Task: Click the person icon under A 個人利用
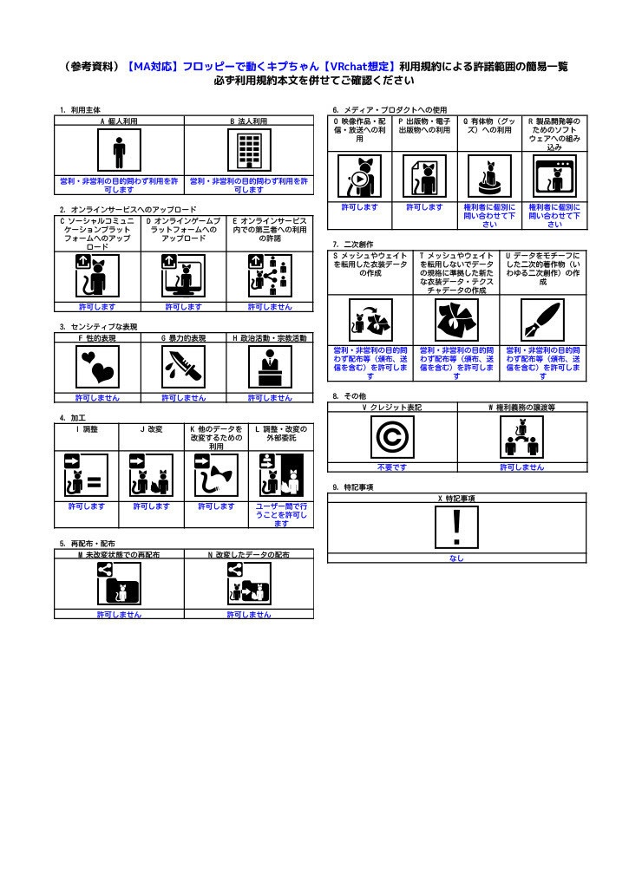click(119, 153)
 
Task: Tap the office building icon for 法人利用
click(249, 153)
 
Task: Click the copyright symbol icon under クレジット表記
click(391, 437)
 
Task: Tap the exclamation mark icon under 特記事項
click(456, 527)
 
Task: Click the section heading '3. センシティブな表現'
click(98, 326)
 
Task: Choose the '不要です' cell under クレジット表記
click(391, 467)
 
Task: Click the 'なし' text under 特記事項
click(456, 558)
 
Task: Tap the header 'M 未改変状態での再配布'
click(119, 553)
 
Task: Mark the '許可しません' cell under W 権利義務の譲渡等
click(521, 467)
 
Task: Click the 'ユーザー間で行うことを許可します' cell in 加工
click(281, 514)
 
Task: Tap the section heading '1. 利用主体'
click(80, 110)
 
